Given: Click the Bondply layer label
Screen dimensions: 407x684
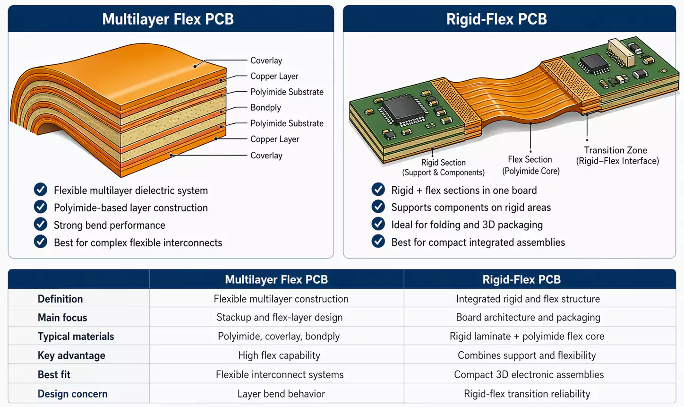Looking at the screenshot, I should [x=265, y=108].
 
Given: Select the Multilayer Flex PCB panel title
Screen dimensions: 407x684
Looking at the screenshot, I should [x=168, y=19].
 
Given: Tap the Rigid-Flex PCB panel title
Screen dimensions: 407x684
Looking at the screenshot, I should [x=496, y=19].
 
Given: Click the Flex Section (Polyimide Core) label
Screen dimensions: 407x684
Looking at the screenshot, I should [x=530, y=165].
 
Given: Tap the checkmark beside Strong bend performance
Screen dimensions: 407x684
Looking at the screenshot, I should [x=41, y=224].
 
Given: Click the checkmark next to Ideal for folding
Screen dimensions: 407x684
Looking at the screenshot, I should [x=378, y=224].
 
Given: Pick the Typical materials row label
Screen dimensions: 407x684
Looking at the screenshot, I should [x=76, y=337].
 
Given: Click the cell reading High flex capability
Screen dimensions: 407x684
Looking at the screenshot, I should [x=279, y=355].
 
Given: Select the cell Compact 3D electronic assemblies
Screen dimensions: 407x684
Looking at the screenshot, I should [x=529, y=375].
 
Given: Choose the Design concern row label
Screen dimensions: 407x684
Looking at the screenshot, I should [x=72, y=394].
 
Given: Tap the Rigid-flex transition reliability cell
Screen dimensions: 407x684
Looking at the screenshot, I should [x=527, y=394].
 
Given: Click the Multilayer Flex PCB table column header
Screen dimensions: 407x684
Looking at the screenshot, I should [x=276, y=279].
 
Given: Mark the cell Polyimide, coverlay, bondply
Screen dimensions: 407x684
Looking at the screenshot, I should [x=279, y=337].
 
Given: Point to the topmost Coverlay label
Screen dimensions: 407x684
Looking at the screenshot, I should [x=266, y=61].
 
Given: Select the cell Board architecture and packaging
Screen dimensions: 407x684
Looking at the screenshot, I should [x=528, y=318].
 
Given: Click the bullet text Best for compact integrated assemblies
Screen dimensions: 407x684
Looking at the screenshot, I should [x=478, y=242].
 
